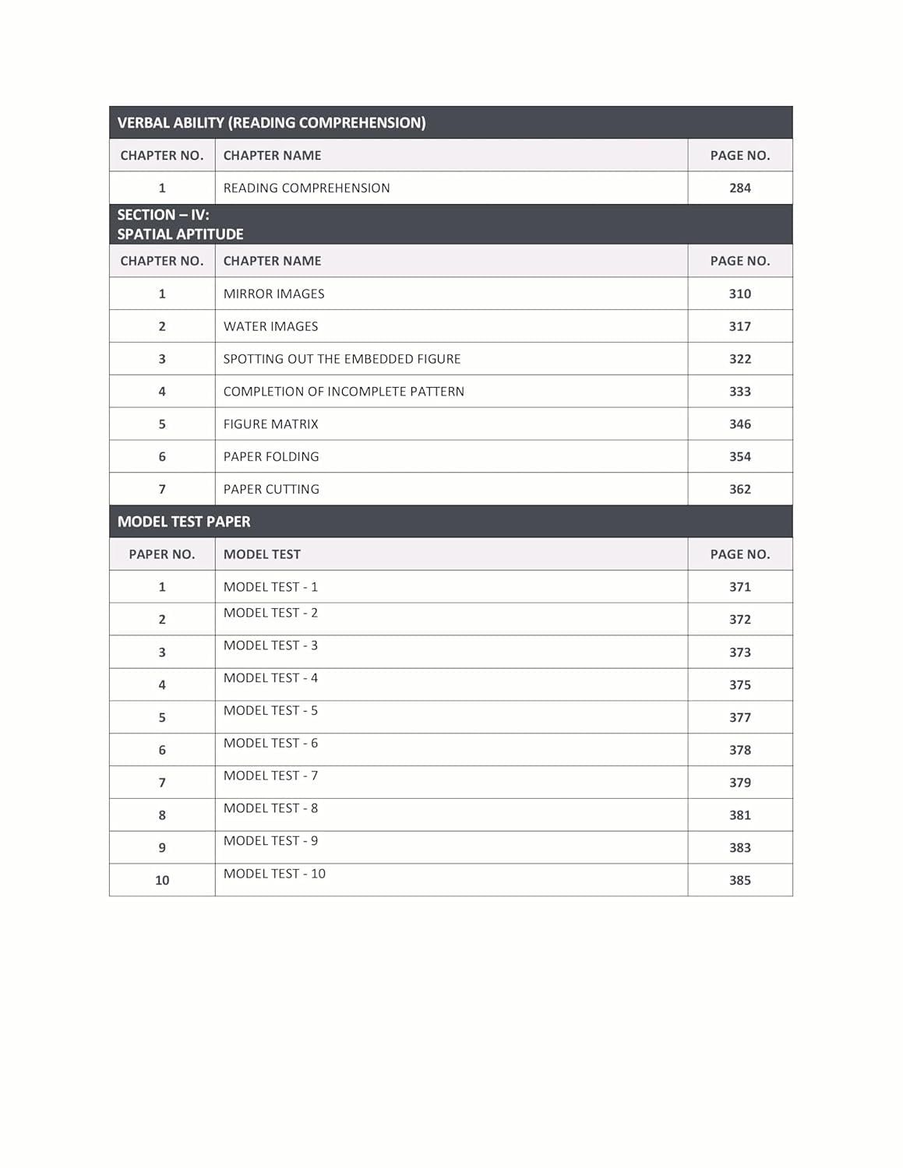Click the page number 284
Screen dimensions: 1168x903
click(739, 188)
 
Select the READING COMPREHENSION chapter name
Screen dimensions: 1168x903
click(306, 188)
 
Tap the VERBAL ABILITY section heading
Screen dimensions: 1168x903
click(271, 122)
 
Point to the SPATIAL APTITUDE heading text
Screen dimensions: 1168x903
click(180, 234)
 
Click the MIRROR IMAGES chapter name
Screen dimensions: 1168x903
click(273, 294)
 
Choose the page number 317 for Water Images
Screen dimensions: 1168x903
click(739, 326)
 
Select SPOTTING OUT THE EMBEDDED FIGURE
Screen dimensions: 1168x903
click(341, 359)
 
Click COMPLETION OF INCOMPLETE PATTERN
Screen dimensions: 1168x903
click(344, 392)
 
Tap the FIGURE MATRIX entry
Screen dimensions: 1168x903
click(270, 424)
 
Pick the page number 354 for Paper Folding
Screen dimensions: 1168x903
click(739, 456)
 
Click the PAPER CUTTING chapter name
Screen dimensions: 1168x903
click(271, 489)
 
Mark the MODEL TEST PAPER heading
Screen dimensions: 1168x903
click(184, 522)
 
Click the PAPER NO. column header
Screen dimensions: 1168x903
click(161, 554)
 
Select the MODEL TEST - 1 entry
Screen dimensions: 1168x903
click(270, 587)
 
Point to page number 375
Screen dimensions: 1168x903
click(739, 685)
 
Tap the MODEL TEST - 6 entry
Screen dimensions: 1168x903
click(270, 744)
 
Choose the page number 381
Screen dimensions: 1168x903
click(739, 815)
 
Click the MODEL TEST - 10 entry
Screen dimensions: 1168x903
click(274, 874)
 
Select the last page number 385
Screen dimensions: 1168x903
click(739, 881)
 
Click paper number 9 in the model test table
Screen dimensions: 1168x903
click(162, 848)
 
